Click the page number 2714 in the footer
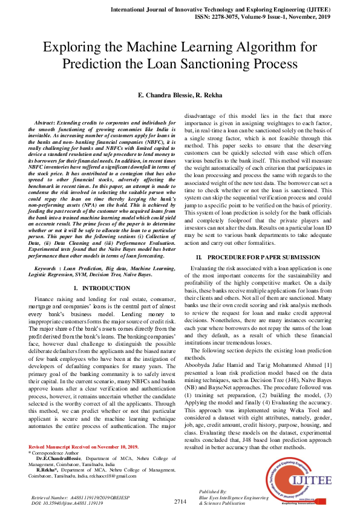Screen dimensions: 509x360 [x=180, y=501]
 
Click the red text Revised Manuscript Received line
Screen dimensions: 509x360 [x=83, y=447]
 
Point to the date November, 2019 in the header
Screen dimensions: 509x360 [x=313, y=18]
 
